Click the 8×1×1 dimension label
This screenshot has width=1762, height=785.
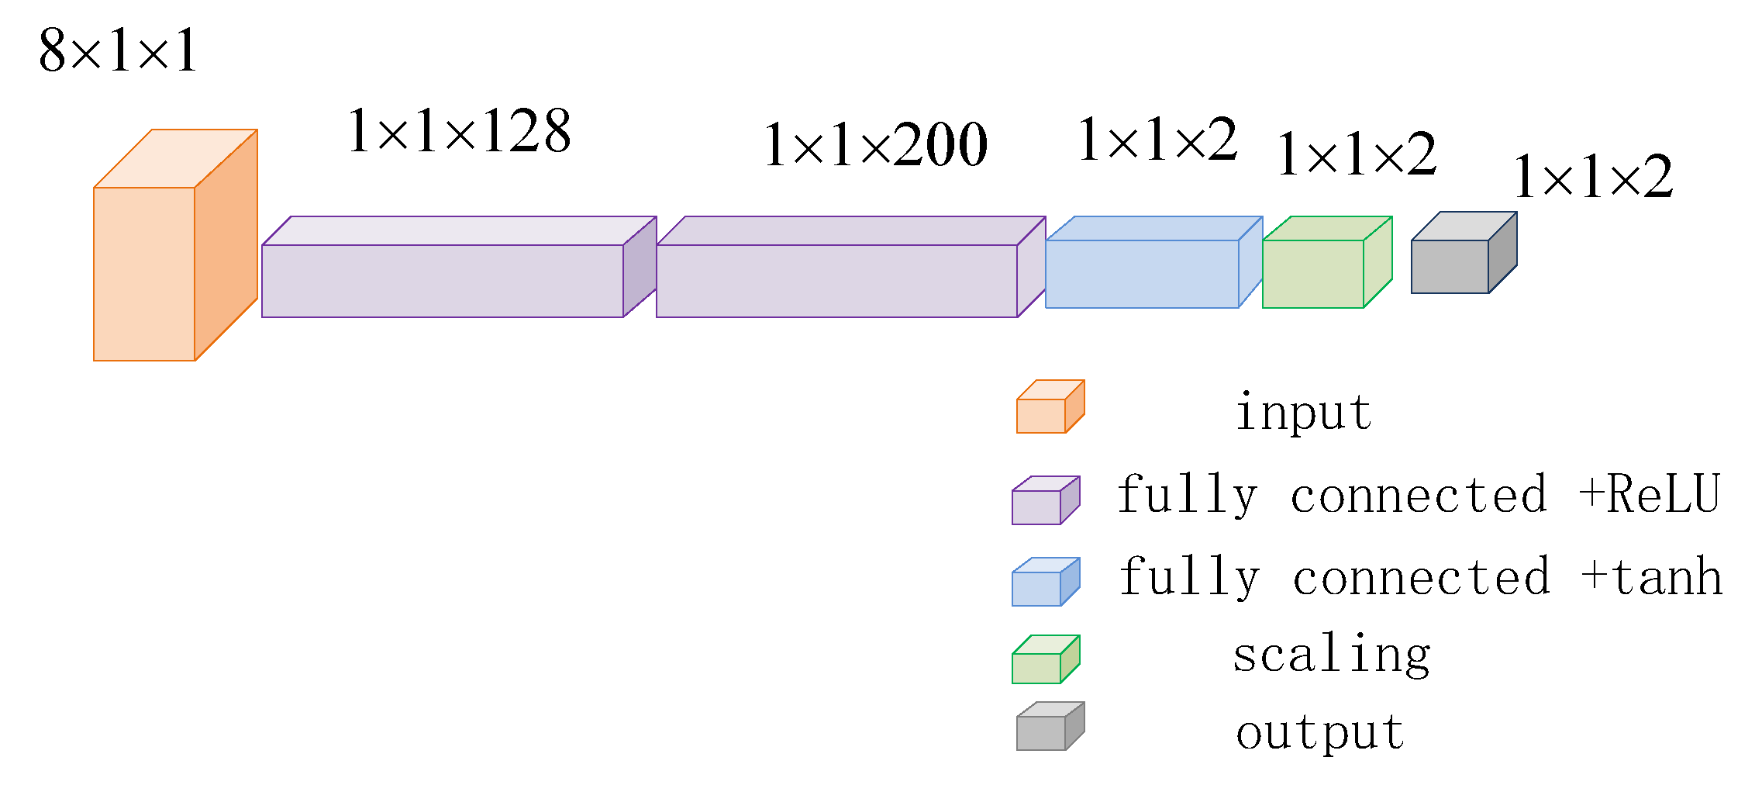(119, 51)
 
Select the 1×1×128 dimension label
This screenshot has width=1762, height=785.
(459, 131)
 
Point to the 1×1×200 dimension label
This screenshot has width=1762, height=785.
(875, 145)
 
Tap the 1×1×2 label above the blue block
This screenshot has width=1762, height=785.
(1157, 140)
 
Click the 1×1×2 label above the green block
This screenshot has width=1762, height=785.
(1356, 154)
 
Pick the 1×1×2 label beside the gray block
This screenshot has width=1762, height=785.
(1592, 177)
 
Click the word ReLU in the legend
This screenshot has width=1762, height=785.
(1663, 494)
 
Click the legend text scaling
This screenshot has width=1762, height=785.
(1331, 655)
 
